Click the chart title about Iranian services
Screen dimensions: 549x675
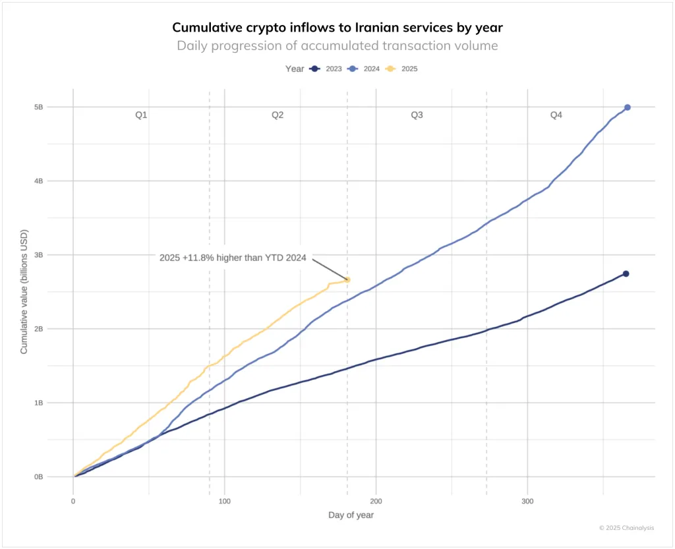337,28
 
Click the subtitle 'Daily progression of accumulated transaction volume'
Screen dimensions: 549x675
337,45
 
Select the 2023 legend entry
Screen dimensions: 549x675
328,69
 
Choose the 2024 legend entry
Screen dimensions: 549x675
365,69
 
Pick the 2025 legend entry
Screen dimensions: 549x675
403,69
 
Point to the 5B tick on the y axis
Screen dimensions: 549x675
38,107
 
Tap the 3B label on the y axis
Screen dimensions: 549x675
38,255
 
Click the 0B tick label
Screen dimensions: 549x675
38,477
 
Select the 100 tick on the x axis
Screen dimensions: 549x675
225,502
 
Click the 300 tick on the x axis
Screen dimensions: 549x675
527,502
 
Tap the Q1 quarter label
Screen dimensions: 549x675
141,115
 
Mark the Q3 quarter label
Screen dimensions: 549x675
417,115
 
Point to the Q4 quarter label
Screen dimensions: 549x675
556,115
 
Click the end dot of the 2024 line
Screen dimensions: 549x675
627,107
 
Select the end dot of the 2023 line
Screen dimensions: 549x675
626,274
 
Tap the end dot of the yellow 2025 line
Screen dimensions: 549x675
347,279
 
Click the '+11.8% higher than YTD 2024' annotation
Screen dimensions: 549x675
233,258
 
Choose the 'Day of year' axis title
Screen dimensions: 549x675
351,515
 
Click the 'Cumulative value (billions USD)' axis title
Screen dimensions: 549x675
24,292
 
